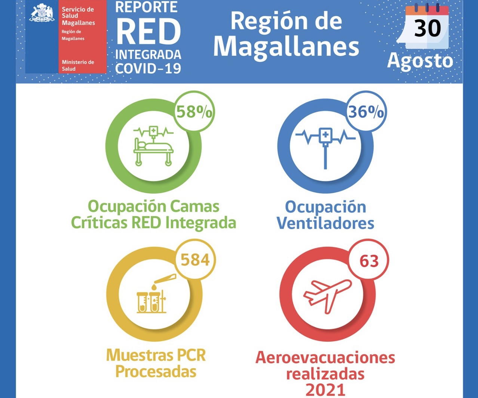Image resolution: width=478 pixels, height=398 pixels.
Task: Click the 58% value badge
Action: tap(194, 112)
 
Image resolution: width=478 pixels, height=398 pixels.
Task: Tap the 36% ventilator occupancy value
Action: tap(366, 112)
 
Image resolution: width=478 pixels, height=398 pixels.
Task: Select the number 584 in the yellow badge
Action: tap(195, 260)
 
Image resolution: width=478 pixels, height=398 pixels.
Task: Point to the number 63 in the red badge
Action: tap(369, 261)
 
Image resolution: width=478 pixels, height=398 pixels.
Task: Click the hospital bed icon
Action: tap(153, 146)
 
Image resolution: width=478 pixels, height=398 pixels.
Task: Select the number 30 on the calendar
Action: tap(428, 28)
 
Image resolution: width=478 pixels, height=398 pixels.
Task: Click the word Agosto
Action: tap(420, 61)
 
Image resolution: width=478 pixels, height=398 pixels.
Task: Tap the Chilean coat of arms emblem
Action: tap(42, 13)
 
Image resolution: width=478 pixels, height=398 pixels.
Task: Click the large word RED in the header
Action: tap(148, 32)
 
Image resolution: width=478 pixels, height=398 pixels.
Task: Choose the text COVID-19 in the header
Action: tap(148, 68)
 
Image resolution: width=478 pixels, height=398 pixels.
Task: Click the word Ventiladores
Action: tap(325, 223)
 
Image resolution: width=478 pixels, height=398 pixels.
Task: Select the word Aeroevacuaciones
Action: tap(325, 357)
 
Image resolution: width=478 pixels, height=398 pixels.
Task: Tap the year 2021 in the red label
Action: tap(325, 390)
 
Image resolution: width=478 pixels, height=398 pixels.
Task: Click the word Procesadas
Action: tap(156, 371)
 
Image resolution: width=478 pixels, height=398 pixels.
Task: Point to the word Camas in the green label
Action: tap(195, 206)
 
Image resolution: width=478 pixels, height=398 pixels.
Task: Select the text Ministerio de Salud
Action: tap(78, 65)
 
